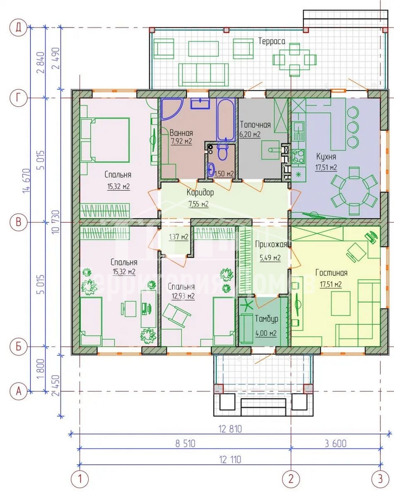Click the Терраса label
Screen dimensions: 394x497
click(x=271, y=41)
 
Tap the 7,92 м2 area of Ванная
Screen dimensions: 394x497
click(x=181, y=141)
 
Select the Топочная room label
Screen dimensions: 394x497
click(x=255, y=125)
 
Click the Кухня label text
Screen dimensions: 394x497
click(x=326, y=157)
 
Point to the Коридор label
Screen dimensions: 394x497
click(x=200, y=192)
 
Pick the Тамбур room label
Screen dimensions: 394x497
click(x=266, y=319)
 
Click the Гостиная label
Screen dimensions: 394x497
click(x=331, y=273)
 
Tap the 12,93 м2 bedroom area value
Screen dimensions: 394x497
click(x=183, y=296)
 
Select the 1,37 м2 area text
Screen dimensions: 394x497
click(x=179, y=237)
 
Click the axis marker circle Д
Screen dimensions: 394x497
click(x=19, y=28)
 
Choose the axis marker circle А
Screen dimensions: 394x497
click(x=19, y=391)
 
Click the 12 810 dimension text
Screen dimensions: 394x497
click(x=230, y=429)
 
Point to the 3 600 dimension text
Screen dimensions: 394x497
click(x=336, y=444)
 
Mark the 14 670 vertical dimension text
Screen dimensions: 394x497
click(x=27, y=181)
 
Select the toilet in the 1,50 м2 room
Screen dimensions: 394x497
click(x=223, y=152)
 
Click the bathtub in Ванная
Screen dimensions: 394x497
click(x=226, y=119)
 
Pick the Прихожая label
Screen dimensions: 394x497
click(x=271, y=244)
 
